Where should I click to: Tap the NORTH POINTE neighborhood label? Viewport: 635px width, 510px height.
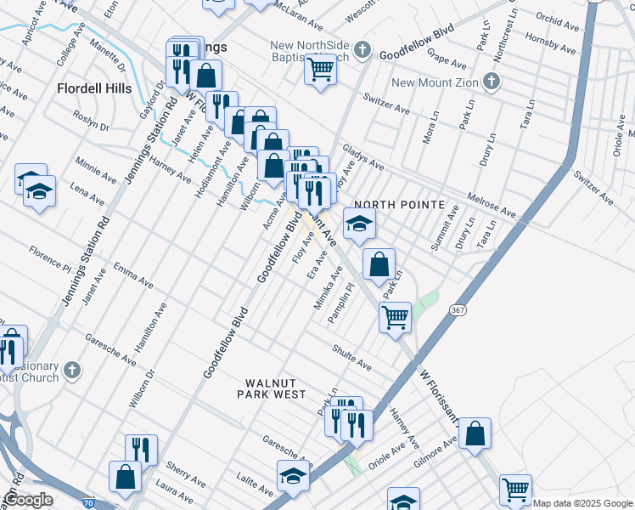[x=399, y=205]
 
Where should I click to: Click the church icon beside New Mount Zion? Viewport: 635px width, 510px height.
[x=489, y=82]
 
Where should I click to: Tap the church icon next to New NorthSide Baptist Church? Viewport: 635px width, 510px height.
[x=362, y=48]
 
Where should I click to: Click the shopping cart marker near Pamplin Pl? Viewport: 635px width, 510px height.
[x=395, y=316]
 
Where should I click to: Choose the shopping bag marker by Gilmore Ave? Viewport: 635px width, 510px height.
[x=475, y=433]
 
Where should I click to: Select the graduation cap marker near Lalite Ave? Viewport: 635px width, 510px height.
[x=292, y=474]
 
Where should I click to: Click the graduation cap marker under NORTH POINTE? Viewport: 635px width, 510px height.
[x=358, y=224]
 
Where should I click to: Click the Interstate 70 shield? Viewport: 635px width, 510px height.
[x=89, y=504]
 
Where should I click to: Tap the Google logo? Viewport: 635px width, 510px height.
[x=28, y=500]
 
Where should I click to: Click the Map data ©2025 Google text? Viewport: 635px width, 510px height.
[x=582, y=503]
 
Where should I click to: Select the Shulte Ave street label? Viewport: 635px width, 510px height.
[x=351, y=358]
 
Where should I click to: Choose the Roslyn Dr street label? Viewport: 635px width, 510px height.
[x=92, y=121]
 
